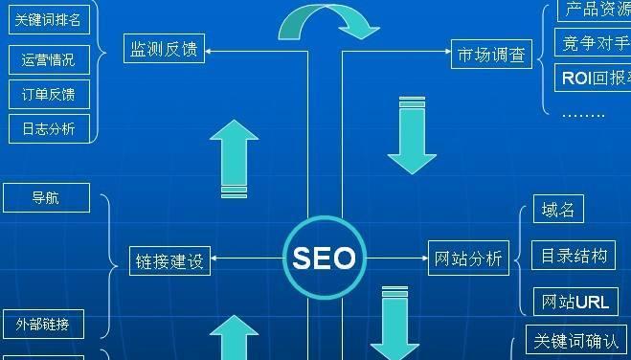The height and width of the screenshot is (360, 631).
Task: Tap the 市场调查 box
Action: (490, 56)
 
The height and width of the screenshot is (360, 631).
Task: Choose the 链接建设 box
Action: (170, 259)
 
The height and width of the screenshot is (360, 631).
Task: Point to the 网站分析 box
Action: (468, 259)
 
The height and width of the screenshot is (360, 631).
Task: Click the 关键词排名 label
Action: (48, 20)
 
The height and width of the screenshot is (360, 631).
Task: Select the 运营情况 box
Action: (48, 59)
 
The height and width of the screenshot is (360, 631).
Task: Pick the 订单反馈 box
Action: (48, 94)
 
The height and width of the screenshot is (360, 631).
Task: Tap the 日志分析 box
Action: (48, 128)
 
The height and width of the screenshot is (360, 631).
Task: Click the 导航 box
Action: (46, 198)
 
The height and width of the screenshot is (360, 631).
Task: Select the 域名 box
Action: (556, 211)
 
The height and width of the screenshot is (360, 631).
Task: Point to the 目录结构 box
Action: (574, 256)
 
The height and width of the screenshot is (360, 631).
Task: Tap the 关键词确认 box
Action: (577, 340)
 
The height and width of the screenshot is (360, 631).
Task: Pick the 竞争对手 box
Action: (592, 43)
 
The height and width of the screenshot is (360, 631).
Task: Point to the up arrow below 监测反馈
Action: (233, 158)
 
